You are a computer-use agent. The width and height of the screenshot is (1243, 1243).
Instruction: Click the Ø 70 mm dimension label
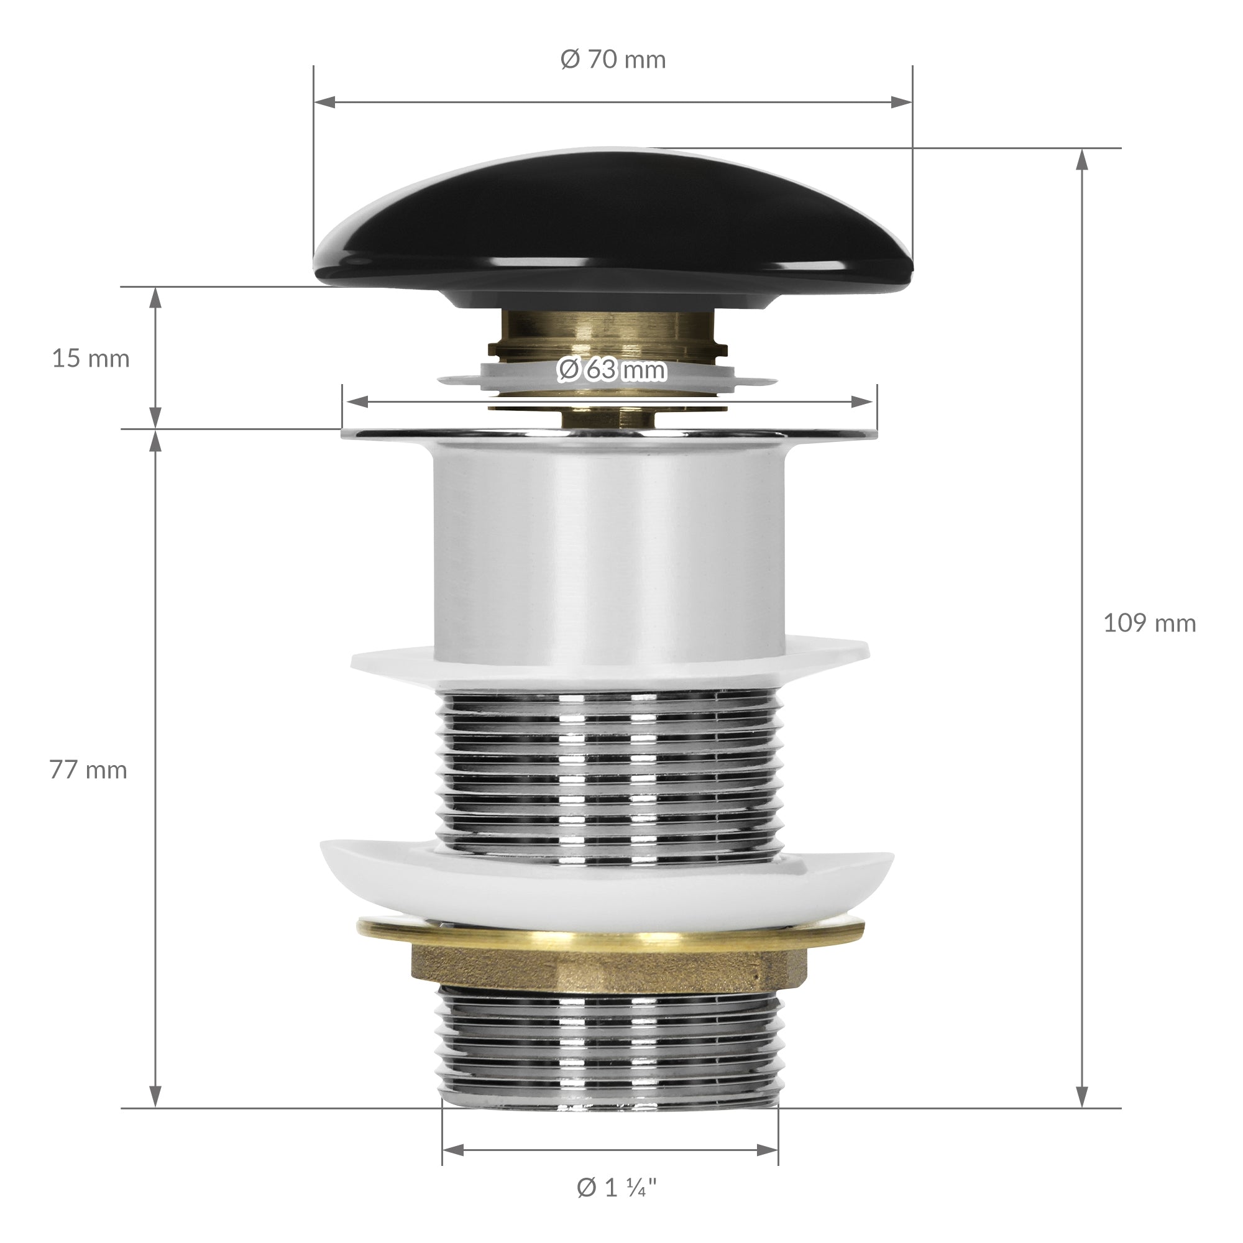pos(613,60)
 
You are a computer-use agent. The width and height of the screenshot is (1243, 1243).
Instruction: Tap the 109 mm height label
pos(1150,623)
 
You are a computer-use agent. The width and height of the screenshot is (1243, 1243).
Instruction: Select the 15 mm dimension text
pos(91,359)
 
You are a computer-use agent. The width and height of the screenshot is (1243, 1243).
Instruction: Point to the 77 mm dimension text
pos(88,770)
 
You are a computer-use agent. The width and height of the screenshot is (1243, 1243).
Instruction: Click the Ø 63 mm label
pos(611,370)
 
